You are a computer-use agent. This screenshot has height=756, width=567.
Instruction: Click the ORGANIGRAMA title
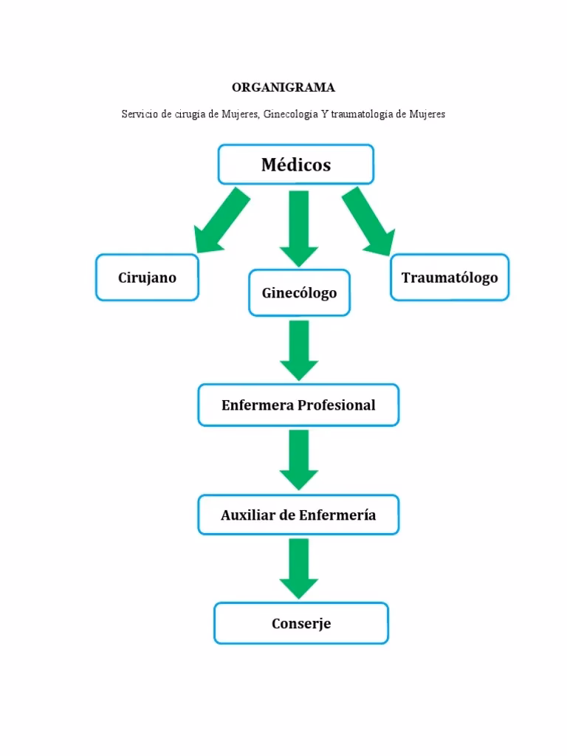pyautogui.click(x=283, y=88)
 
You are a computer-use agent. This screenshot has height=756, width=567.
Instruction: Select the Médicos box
pyautogui.click(x=295, y=165)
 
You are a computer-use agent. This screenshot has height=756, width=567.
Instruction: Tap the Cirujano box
pyautogui.click(x=147, y=278)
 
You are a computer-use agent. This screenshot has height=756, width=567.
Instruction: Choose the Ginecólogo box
pyautogui.click(x=299, y=293)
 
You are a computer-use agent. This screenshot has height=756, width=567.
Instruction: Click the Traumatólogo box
pyautogui.click(x=449, y=278)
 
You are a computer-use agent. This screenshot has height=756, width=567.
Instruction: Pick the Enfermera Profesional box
pyautogui.click(x=298, y=405)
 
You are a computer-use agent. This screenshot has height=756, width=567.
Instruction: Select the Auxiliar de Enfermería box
pyautogui.click(x=298, y=515)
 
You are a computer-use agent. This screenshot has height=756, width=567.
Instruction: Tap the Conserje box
pyautogui.click(x=300, y=624)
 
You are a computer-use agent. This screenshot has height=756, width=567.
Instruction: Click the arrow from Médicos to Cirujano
pyautogui.click(x=218, y=222)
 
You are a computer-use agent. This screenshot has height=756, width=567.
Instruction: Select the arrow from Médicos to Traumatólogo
pyautogui.click(x=368, y=222)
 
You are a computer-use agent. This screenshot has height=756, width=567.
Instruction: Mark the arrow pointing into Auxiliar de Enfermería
pyautogui.click(x=299, y=458)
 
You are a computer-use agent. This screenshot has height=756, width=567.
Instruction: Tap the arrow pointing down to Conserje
pyautogui.click(x=299, y=568)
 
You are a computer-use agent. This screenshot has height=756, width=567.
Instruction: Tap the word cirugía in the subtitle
pyautogui.click(x=191, y=114)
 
